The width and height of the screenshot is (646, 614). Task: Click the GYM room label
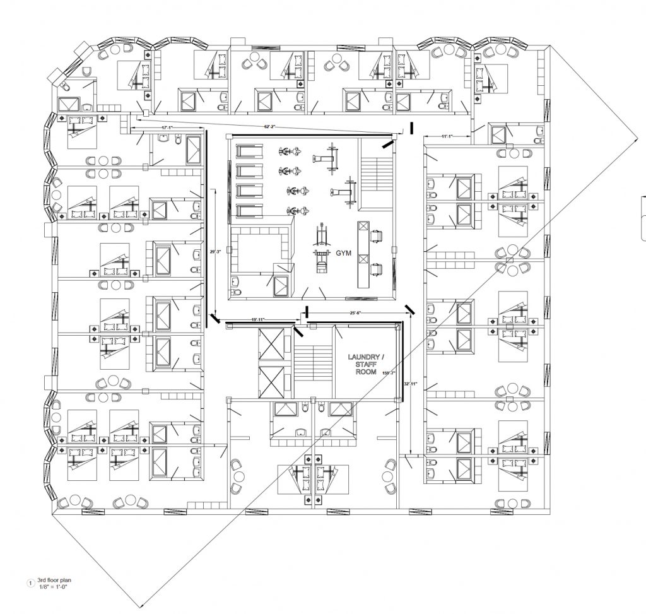pos(343,252)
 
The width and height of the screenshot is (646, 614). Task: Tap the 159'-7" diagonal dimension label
pos(387,373)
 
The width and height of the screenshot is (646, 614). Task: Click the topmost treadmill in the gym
pos(249,151)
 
